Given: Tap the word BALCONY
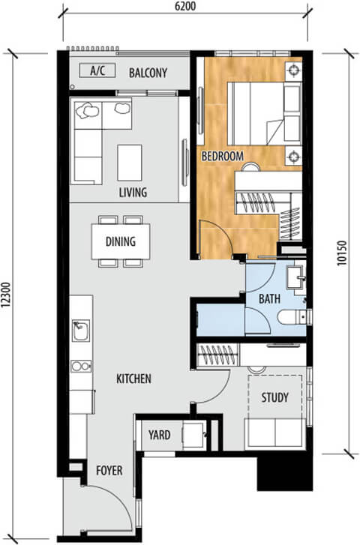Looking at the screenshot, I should click(147, 73).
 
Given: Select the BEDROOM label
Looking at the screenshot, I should click(222, 156).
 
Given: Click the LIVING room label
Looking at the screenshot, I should click(133, 193).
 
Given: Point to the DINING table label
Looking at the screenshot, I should click(120, 241).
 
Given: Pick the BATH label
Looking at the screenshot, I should click(269, 298).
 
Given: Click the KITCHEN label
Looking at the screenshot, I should click(133, 379).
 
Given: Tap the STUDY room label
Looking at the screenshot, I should click(274, 397).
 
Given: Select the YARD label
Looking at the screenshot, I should click(159, 435).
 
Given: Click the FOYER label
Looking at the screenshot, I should click(109, 472).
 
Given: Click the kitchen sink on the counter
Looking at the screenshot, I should click(79, 330).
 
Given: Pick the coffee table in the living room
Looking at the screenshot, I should click(130, 161).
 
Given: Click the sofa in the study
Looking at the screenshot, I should click(274, 432).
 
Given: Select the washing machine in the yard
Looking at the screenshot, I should click(193, 436).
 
